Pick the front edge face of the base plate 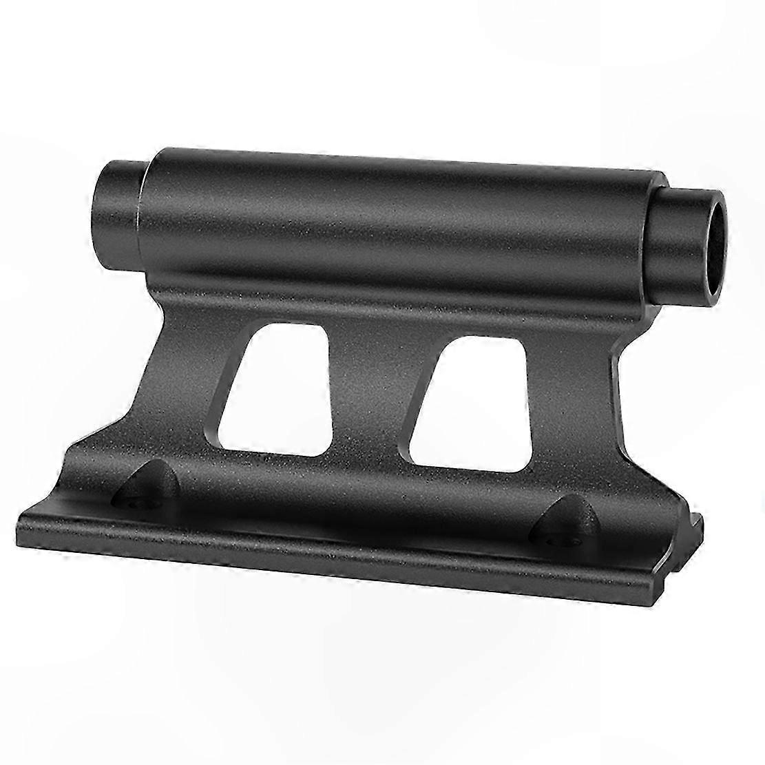pos(344,558)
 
